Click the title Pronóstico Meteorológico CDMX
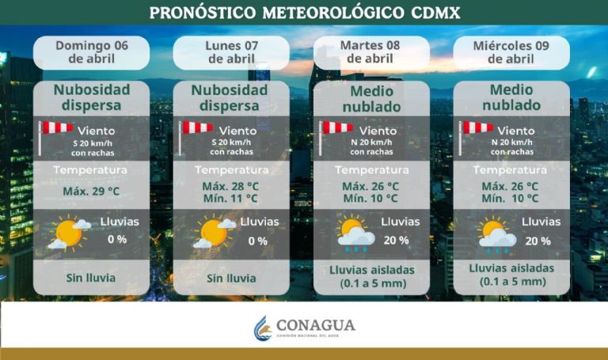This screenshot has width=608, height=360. coord(304,13)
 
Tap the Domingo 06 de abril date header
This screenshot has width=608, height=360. coord(91,52)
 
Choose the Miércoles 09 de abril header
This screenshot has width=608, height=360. coord(511,52)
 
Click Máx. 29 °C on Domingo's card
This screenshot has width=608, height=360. coord(91,191)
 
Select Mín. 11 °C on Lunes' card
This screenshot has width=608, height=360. coord(230,199)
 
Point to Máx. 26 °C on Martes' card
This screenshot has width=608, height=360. coord(370,186)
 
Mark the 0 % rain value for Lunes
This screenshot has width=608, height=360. coord(257,241)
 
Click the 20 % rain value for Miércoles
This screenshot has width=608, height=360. coord(537,241)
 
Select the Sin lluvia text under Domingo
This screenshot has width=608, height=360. coord(91,278)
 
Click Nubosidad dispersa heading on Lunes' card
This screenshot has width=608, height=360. coord(230,97)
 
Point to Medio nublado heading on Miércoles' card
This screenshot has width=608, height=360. coord(511,97)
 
